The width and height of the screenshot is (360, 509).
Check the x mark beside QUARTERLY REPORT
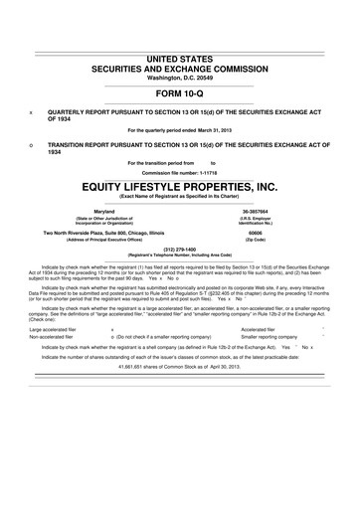33,112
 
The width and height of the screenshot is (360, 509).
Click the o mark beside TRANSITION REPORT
33,144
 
